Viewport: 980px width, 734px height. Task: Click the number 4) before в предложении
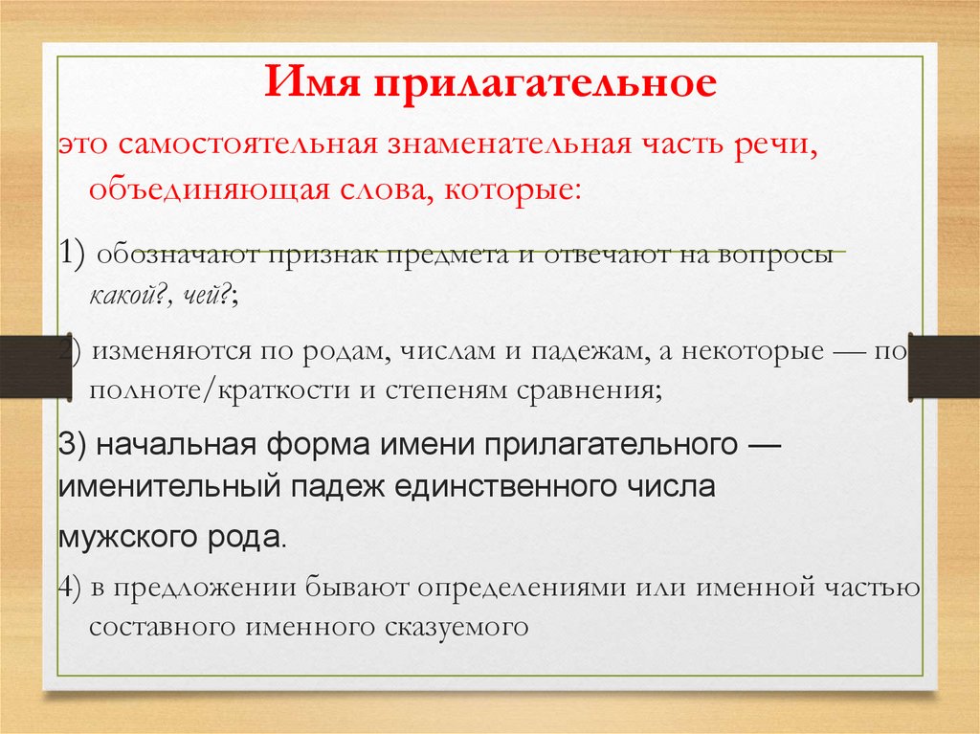coord(72,587)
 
